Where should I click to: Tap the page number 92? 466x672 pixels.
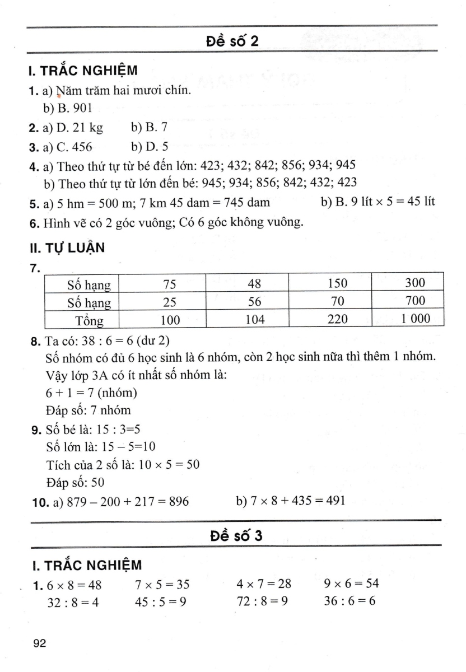tap(39, 644)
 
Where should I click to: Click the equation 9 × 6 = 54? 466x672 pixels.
tap(351, 584)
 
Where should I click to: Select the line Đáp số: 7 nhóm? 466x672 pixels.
tap(88, 410)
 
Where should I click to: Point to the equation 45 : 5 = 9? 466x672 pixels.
tap(162, 602)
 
